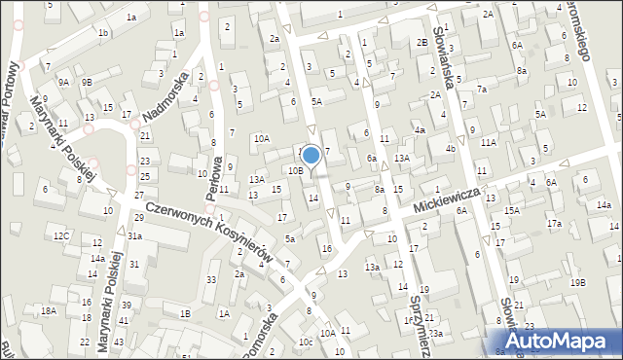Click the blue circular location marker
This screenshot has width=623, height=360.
click(311, 155)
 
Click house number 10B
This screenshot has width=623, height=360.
click(295, 170)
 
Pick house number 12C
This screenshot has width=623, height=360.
click(61, 235)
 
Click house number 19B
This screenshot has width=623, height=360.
click(578, 282)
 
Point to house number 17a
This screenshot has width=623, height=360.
click(554, 224)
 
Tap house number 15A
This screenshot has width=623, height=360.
click(511, 210)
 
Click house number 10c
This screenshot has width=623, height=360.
click(306, 342)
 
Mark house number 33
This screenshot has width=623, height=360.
click(211, 280)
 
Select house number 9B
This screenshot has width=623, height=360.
click(87, 83)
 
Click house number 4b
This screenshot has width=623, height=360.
click(450, 149)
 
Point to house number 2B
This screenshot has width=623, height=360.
click(422, 42)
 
